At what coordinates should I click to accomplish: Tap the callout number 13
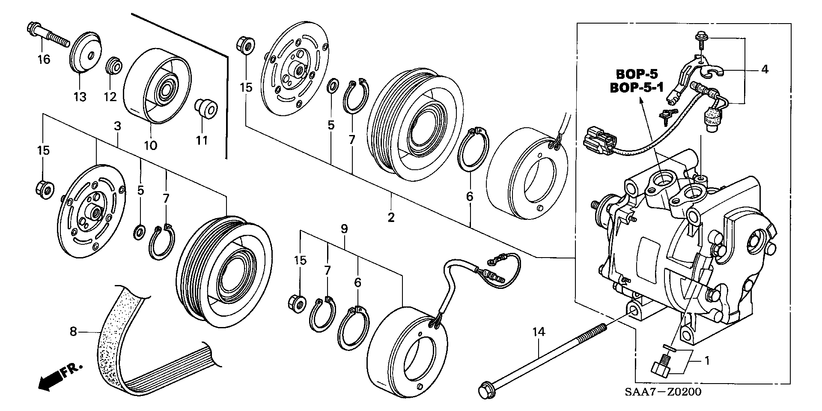point(80,96)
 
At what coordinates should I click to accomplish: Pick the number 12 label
point(110,97)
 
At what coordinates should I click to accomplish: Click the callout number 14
point(540,331)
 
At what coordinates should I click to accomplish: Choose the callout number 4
point(765,69)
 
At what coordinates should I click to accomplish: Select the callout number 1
point(707,361)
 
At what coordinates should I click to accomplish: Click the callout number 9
point(344,229)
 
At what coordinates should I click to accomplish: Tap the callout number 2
point(391,217)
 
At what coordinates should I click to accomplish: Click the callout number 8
point(73,331)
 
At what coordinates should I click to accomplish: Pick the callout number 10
point(150,145)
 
